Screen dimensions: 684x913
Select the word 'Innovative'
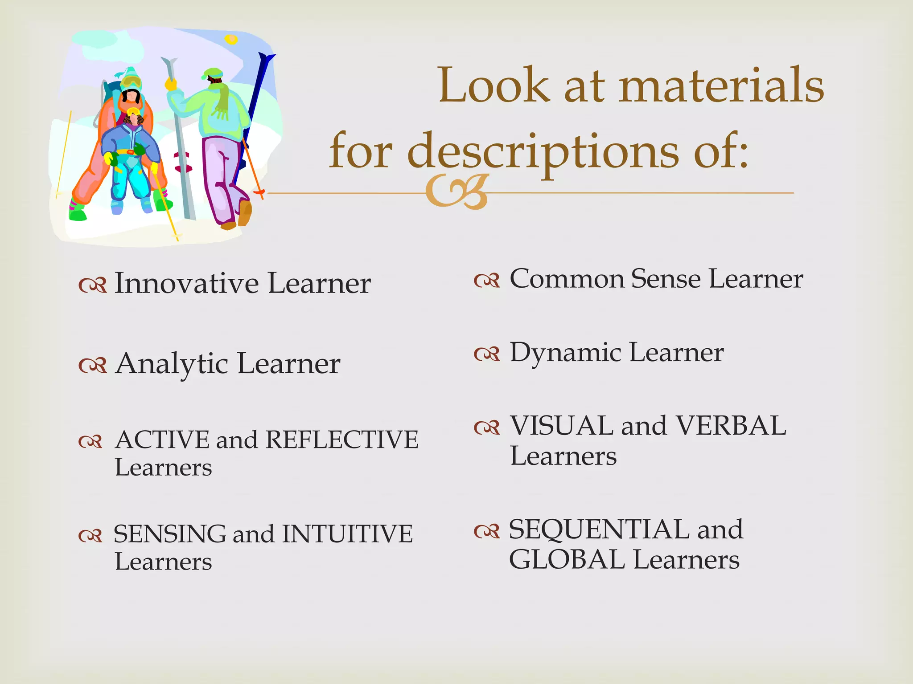[x=186, y=283]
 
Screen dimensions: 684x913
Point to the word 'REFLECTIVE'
[x=342, y=440]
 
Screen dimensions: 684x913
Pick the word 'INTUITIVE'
[x=347, y=534]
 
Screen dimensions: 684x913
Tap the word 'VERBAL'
[x=731, y=426]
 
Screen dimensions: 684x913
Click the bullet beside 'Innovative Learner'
[x=92, y=285]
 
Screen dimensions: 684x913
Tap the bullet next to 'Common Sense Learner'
[x=486, y=281]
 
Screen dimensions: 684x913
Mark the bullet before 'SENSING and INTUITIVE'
[x=90, y=535]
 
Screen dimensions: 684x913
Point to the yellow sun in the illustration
[x=231, y=40]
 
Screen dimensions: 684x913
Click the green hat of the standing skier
[x=213, y=73]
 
